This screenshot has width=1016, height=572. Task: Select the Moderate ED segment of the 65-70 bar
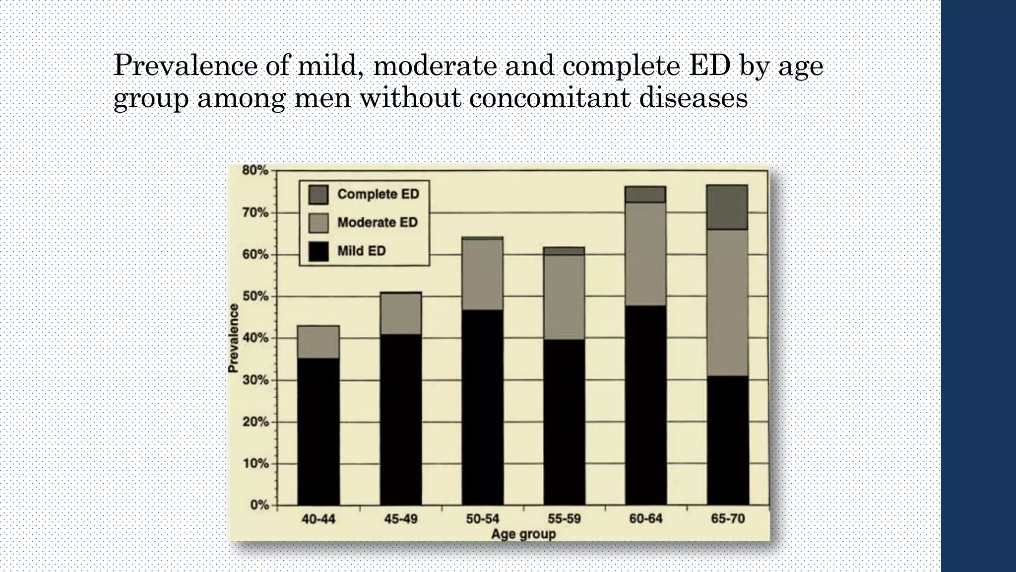click(727, 302)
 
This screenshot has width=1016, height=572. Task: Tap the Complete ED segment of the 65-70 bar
click(727, 207)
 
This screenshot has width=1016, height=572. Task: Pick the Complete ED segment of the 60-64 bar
click(645, 195)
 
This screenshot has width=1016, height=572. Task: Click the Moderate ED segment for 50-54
click(482, 275)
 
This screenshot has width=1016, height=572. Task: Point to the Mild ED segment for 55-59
click(564, 422)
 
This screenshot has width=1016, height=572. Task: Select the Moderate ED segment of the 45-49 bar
click(401, 314)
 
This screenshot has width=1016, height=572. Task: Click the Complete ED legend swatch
click(318, 195)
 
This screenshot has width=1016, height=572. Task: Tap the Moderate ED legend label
click(378, 222)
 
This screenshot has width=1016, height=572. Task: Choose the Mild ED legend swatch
click(318, 251)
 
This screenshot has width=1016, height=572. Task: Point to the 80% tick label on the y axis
click(255, 170)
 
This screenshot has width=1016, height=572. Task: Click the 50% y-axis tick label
click(255, 296)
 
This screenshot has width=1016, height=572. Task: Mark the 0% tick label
click(259, 505)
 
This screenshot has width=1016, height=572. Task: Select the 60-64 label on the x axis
click(645, 519)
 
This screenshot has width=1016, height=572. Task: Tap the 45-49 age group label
click(401, 519)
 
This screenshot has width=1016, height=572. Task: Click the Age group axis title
click(523, 534)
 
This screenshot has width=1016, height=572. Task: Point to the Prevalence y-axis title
click(233, 338)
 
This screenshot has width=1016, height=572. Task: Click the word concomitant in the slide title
click(549, 97)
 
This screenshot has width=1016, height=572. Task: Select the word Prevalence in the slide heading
click(185, 66)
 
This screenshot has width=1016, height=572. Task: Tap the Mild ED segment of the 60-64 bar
click(645, 405)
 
